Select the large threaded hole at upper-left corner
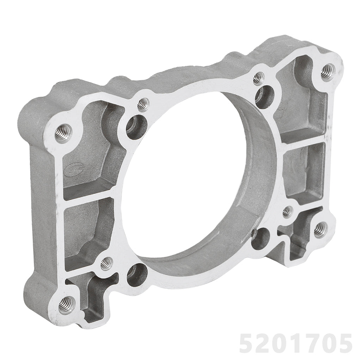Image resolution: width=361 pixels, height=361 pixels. pos(63,133)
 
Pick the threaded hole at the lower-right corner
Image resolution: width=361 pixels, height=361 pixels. pos(320,230)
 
